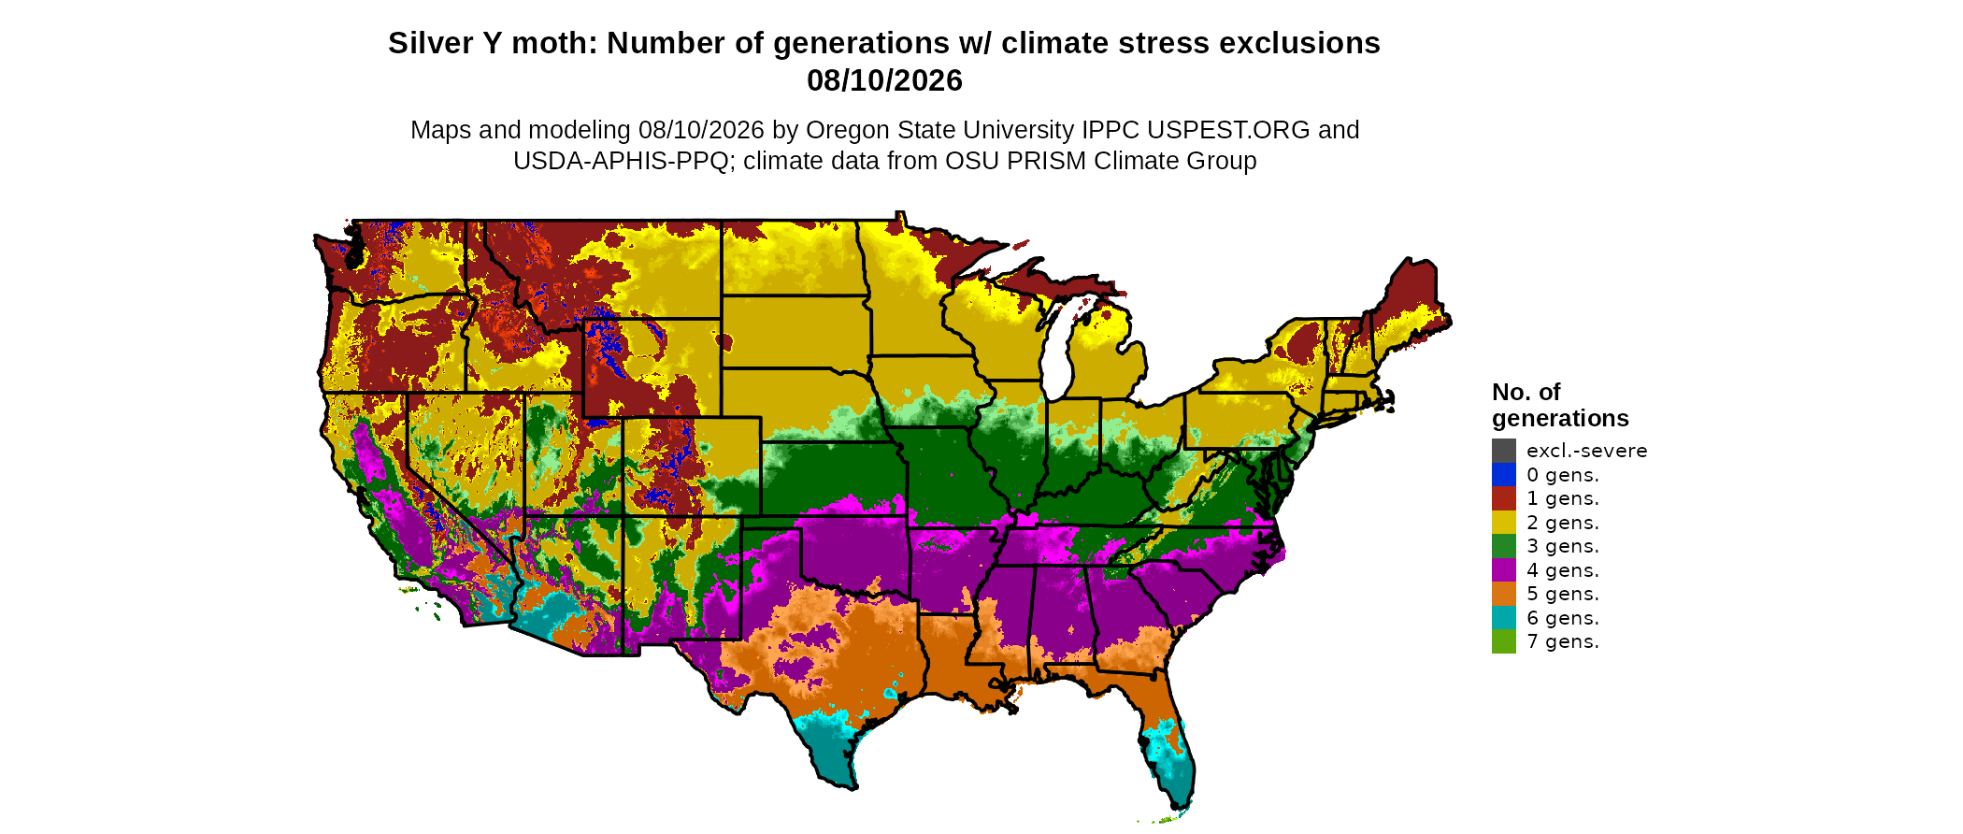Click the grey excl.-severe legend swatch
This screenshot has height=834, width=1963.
point(1504,451)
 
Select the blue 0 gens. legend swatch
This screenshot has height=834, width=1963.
point(1504,475)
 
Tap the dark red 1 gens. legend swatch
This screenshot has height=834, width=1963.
point(1504,498)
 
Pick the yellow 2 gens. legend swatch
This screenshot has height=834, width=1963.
point(1504,523)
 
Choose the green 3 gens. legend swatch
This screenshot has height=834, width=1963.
point(1504,546)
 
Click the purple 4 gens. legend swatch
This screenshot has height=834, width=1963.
point(1504,570)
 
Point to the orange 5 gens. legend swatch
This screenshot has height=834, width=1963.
point(1504,594)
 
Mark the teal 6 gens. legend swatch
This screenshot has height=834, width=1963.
point(1504,618)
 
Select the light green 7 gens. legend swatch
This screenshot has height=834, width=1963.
point(1504,641)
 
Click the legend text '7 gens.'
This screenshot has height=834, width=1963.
point(1563,641)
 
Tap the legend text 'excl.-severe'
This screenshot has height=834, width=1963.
point(1587,451)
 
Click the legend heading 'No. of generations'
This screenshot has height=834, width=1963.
point(1560,405)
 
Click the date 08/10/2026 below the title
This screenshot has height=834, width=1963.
point(884,80)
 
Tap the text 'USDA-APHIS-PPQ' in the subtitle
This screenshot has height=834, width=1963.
point(621,161)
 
